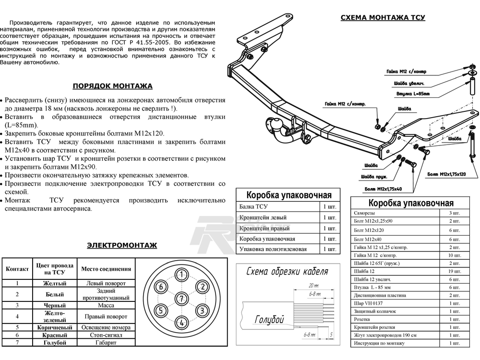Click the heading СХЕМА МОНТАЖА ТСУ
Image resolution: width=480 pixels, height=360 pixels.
(x=383, y=18)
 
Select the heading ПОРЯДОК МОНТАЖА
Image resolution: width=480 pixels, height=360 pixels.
(x=112, y=86)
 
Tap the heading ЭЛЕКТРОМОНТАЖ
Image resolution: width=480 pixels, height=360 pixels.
(x=121, y=245)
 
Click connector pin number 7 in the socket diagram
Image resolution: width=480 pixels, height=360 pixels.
(x=181, y=299)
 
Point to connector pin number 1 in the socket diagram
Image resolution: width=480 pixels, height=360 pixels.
(x=181, y=275)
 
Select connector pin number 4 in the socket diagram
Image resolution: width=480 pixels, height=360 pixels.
(x=181, y=322)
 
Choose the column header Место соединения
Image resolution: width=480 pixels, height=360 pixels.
(x=106, y=269)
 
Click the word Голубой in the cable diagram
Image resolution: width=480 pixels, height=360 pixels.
(x=268, y=320)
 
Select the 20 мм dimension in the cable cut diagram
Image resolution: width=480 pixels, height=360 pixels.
(x=314, y=285)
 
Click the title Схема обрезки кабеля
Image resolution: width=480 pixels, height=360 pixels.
(x=287, y=272)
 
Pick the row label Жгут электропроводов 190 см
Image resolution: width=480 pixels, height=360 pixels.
(x=385, y=336)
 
